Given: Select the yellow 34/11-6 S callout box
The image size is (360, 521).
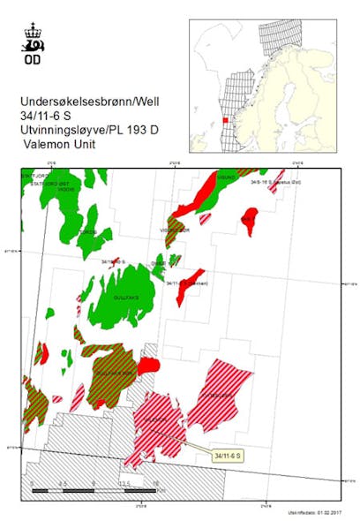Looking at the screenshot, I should point(228,454).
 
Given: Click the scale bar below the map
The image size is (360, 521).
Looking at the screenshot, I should point(94,488).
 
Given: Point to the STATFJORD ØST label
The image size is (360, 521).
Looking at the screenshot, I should point(43,182).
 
